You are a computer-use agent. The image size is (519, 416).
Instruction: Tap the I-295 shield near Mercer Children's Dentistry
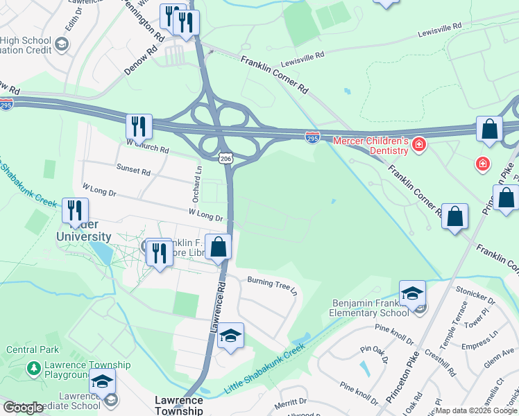(x=313, y=139)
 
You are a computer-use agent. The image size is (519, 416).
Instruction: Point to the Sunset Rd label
(x=134, y=170)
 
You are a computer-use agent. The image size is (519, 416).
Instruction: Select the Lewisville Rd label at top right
(x=440, y=30)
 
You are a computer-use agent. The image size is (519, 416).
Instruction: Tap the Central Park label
(x=33, y=349)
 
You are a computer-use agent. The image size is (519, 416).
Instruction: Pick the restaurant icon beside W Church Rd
(x=139, y=127)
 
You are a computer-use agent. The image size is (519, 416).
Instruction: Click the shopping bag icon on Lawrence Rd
(x=218, y=248)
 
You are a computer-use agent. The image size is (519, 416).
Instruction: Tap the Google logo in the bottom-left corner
(x=24, y=408)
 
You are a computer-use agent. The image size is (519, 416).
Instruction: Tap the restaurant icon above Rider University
(x=76, y=211)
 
